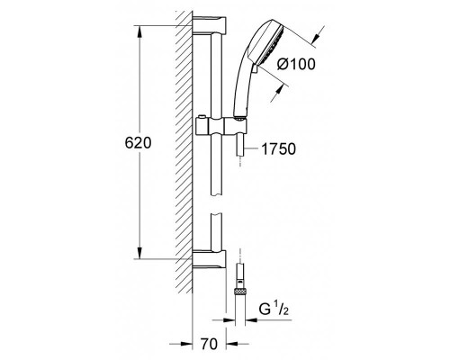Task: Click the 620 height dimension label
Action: pos(138,143)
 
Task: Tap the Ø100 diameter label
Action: pos(296,64)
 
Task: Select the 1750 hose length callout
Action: pos(279,148)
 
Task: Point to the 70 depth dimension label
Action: pos(209,344)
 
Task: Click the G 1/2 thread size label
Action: pos(274,310)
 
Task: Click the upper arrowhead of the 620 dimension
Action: pos(139,31)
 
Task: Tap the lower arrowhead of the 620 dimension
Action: pos(139,252)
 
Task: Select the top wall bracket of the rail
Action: pos(209,25)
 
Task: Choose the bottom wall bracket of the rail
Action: pos(209,258)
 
